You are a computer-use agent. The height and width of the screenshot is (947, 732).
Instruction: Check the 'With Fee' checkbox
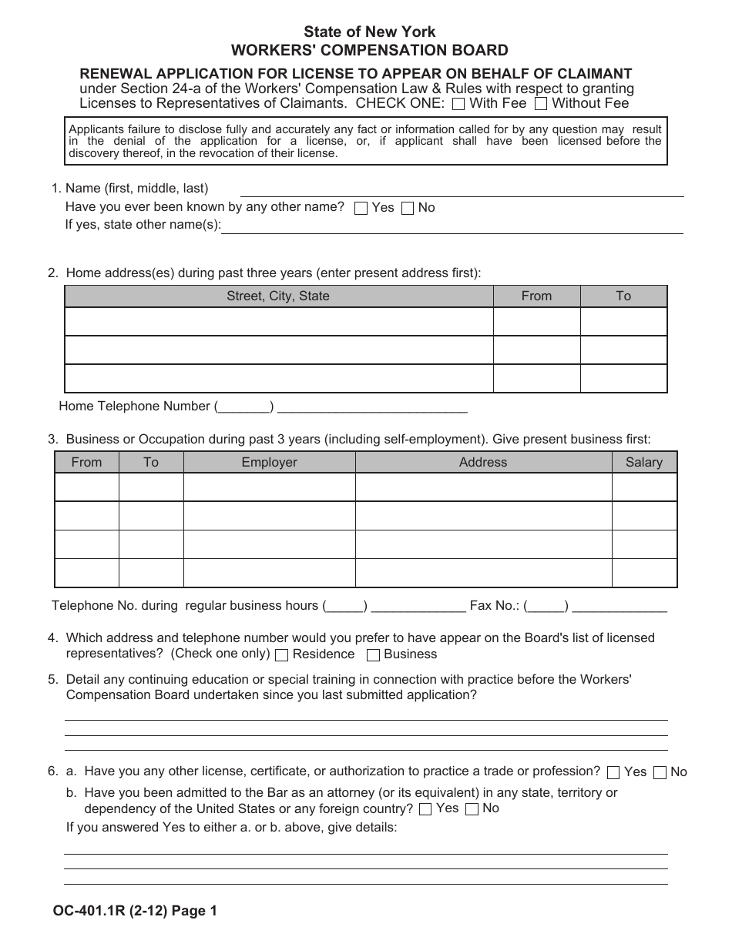point(458,103)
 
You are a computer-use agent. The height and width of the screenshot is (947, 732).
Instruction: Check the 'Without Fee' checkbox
point(542,103)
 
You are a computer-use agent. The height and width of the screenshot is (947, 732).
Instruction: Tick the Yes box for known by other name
point(361,208)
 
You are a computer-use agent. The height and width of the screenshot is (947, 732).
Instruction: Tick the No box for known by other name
point(408,208)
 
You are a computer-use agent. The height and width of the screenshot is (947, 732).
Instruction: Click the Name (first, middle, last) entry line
point(462,189)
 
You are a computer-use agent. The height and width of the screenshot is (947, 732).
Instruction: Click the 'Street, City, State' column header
point(277,296)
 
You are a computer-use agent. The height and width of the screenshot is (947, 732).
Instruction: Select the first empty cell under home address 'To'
point(623,321)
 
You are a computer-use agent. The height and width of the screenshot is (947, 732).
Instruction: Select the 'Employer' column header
point(269,462)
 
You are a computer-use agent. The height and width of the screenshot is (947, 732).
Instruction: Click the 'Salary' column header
point(644,462)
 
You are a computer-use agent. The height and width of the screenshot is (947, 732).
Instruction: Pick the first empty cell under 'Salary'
point(644,487)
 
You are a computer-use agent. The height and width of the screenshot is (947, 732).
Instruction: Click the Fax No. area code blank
point(546,606)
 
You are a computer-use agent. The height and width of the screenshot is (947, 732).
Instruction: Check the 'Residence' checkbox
point(282,655)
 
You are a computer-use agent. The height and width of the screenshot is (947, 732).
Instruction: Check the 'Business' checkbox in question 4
point(373,655)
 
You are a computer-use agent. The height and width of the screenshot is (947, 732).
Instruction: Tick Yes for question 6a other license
point(613,772)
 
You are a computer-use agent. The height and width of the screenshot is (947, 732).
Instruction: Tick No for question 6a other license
point(660,772)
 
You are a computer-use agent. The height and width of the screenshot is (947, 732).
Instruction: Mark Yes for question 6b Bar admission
point(425,809)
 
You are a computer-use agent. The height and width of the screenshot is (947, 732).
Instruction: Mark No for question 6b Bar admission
point(472,809)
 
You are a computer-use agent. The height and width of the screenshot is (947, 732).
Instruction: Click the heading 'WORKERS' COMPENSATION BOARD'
point(370,51)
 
